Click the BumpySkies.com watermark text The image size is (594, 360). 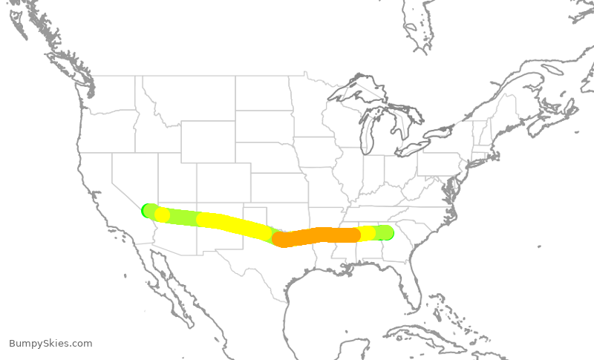click(x=50, y=344)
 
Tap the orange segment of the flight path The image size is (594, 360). click(x=319, y=236)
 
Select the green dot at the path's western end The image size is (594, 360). click(x=146, y=210)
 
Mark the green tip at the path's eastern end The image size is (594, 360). click(x=388, y=233)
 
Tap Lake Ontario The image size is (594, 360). click(x=448, y=131)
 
